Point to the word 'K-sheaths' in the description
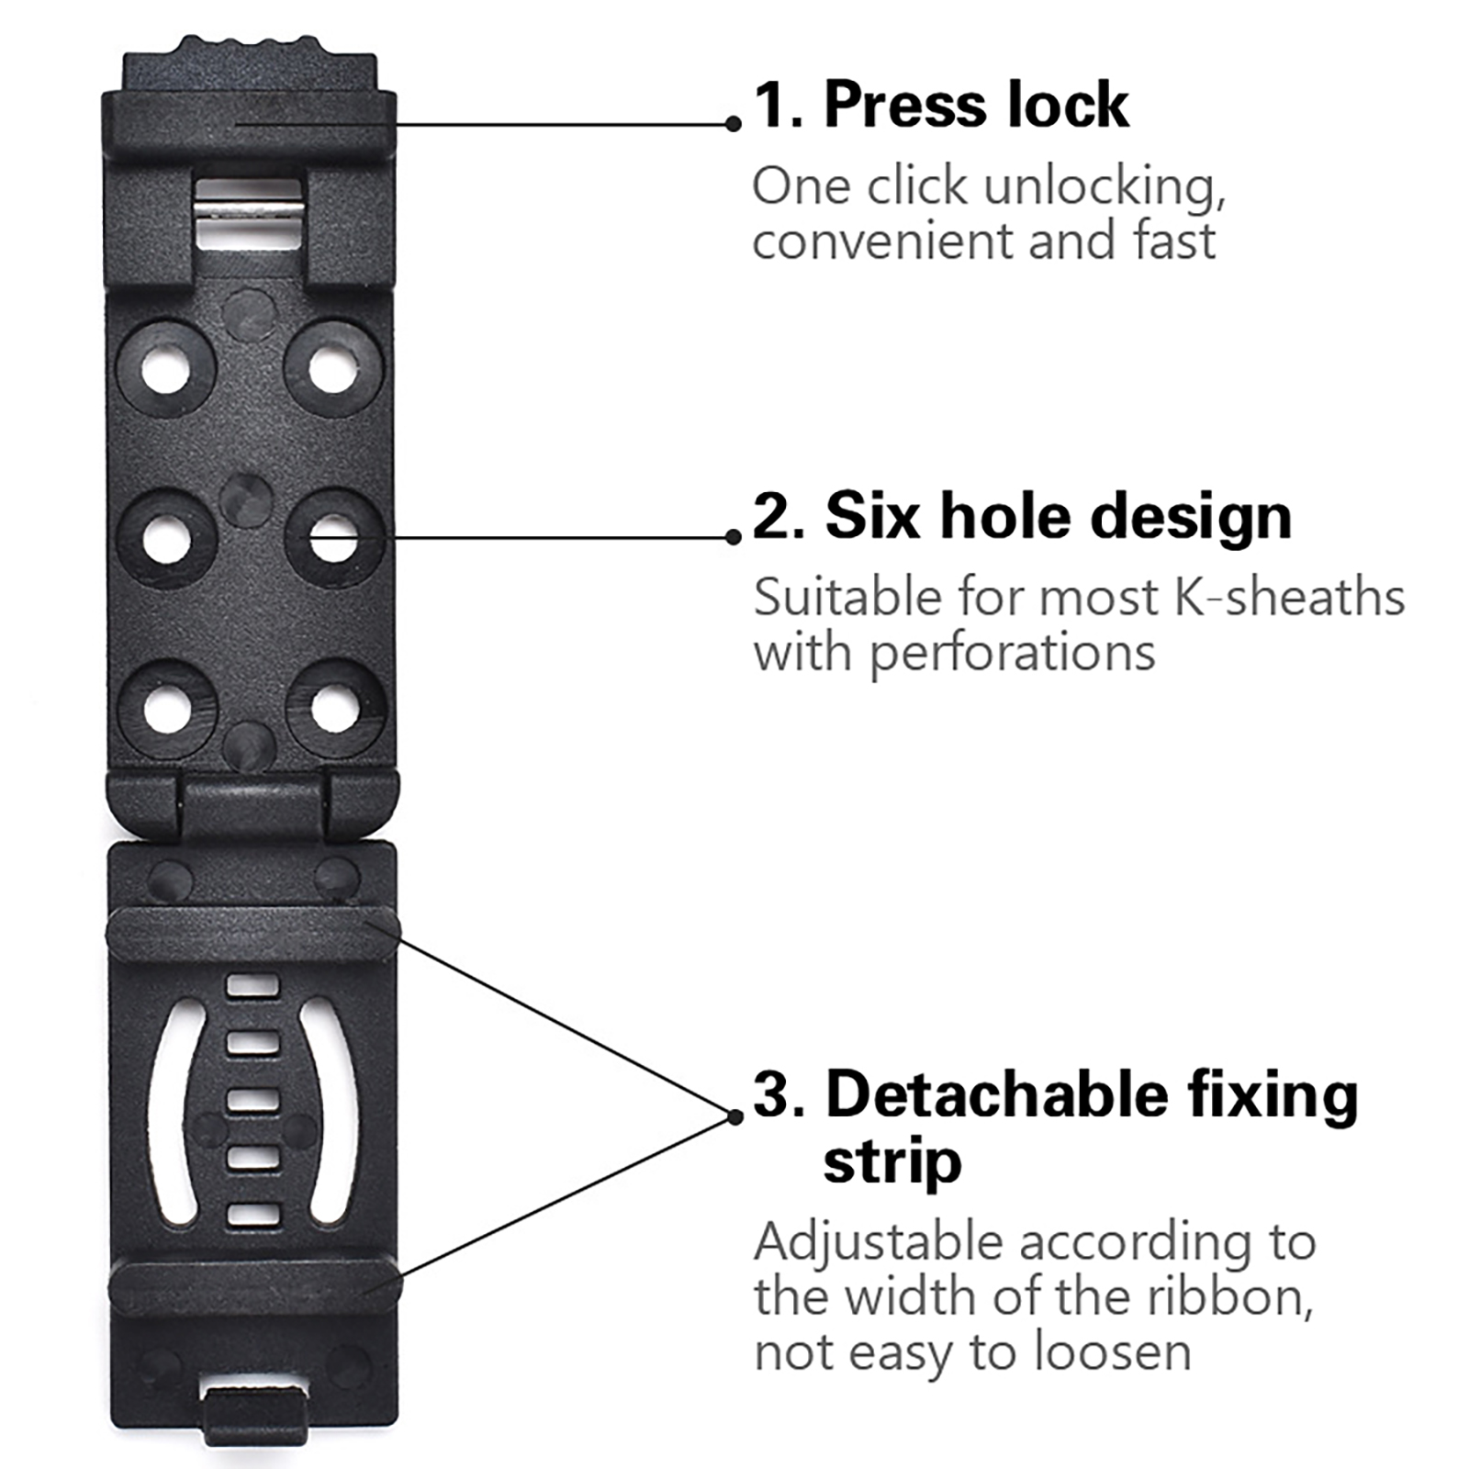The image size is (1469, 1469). pyautogui.click(x=1289, y=599)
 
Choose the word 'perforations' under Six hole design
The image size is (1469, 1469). pyautogui.click(x=1012, y=654)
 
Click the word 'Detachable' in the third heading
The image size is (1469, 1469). pyautogui.click(x=995, y=1096)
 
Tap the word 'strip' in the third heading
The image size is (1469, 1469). pyautogui.click(x=891, y=1162)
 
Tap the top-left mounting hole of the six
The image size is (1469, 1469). pyautogui.click(x=166, y=369)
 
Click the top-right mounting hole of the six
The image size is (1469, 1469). pyautogui.click(x=332, y=369)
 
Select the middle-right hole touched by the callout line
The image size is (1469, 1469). pyautogui.click(x=333, y=538)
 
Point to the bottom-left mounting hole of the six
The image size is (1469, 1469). pyautogui.click(x=167, y=709)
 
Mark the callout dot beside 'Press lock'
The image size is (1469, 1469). pyautogui.click(x=733, y=124)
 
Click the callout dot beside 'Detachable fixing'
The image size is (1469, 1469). pyautogui.click(x=734, y=1116)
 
